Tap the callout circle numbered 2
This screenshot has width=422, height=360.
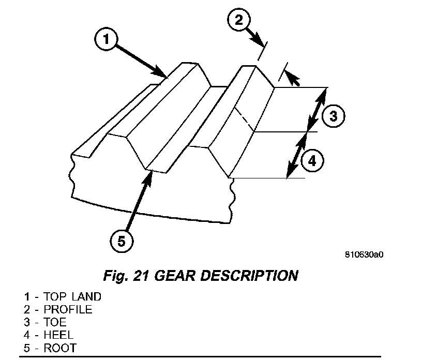[238, 21]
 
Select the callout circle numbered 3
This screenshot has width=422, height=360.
[333, 116]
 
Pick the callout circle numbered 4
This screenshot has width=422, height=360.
[311, 161]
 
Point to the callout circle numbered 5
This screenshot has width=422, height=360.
[122, 242]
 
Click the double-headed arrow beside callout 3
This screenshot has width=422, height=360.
[317, 110]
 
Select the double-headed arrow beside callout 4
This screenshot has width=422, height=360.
[296, 155]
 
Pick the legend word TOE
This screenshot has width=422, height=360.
[55, 322]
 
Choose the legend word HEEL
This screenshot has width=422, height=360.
[58, 335]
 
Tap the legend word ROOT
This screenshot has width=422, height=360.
[59, 348]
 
